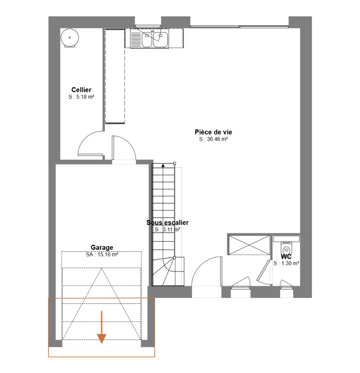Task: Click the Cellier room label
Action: [x=81, y=90]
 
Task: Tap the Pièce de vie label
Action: [x=213, y=132]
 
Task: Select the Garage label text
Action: [x=102, y=248]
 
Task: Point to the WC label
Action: [x=286, y=256]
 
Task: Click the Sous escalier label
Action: [x=167, y=222]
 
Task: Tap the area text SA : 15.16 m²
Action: [x=102, y=254]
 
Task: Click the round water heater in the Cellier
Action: [x=70, y=38]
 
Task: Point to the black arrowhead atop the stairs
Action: [x=163, y=166]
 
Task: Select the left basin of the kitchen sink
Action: [x=147, y=39]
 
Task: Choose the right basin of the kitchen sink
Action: [x=160, y=39]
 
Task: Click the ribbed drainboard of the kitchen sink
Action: [x=136, y=40]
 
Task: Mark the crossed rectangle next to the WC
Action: [x=249, y=245]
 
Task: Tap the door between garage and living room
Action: [x=123, y=148]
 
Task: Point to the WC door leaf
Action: [x=263, y=270]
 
